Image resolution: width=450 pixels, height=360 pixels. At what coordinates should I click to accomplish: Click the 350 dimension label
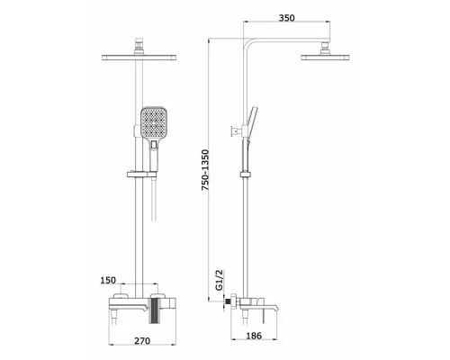point(287,18)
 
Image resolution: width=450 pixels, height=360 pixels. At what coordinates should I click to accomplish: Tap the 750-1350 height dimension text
point(205,170)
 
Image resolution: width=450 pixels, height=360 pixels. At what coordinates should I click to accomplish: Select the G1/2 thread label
point(220,280)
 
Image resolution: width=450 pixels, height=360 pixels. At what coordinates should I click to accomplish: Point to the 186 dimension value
point(254,336)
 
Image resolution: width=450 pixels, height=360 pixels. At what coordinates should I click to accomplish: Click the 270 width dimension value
point(142,341)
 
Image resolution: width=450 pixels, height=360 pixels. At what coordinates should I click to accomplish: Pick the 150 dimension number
point(108,280)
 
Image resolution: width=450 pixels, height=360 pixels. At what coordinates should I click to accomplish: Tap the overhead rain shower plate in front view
point(139,58)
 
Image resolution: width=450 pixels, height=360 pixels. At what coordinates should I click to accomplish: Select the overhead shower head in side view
point(325,58)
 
